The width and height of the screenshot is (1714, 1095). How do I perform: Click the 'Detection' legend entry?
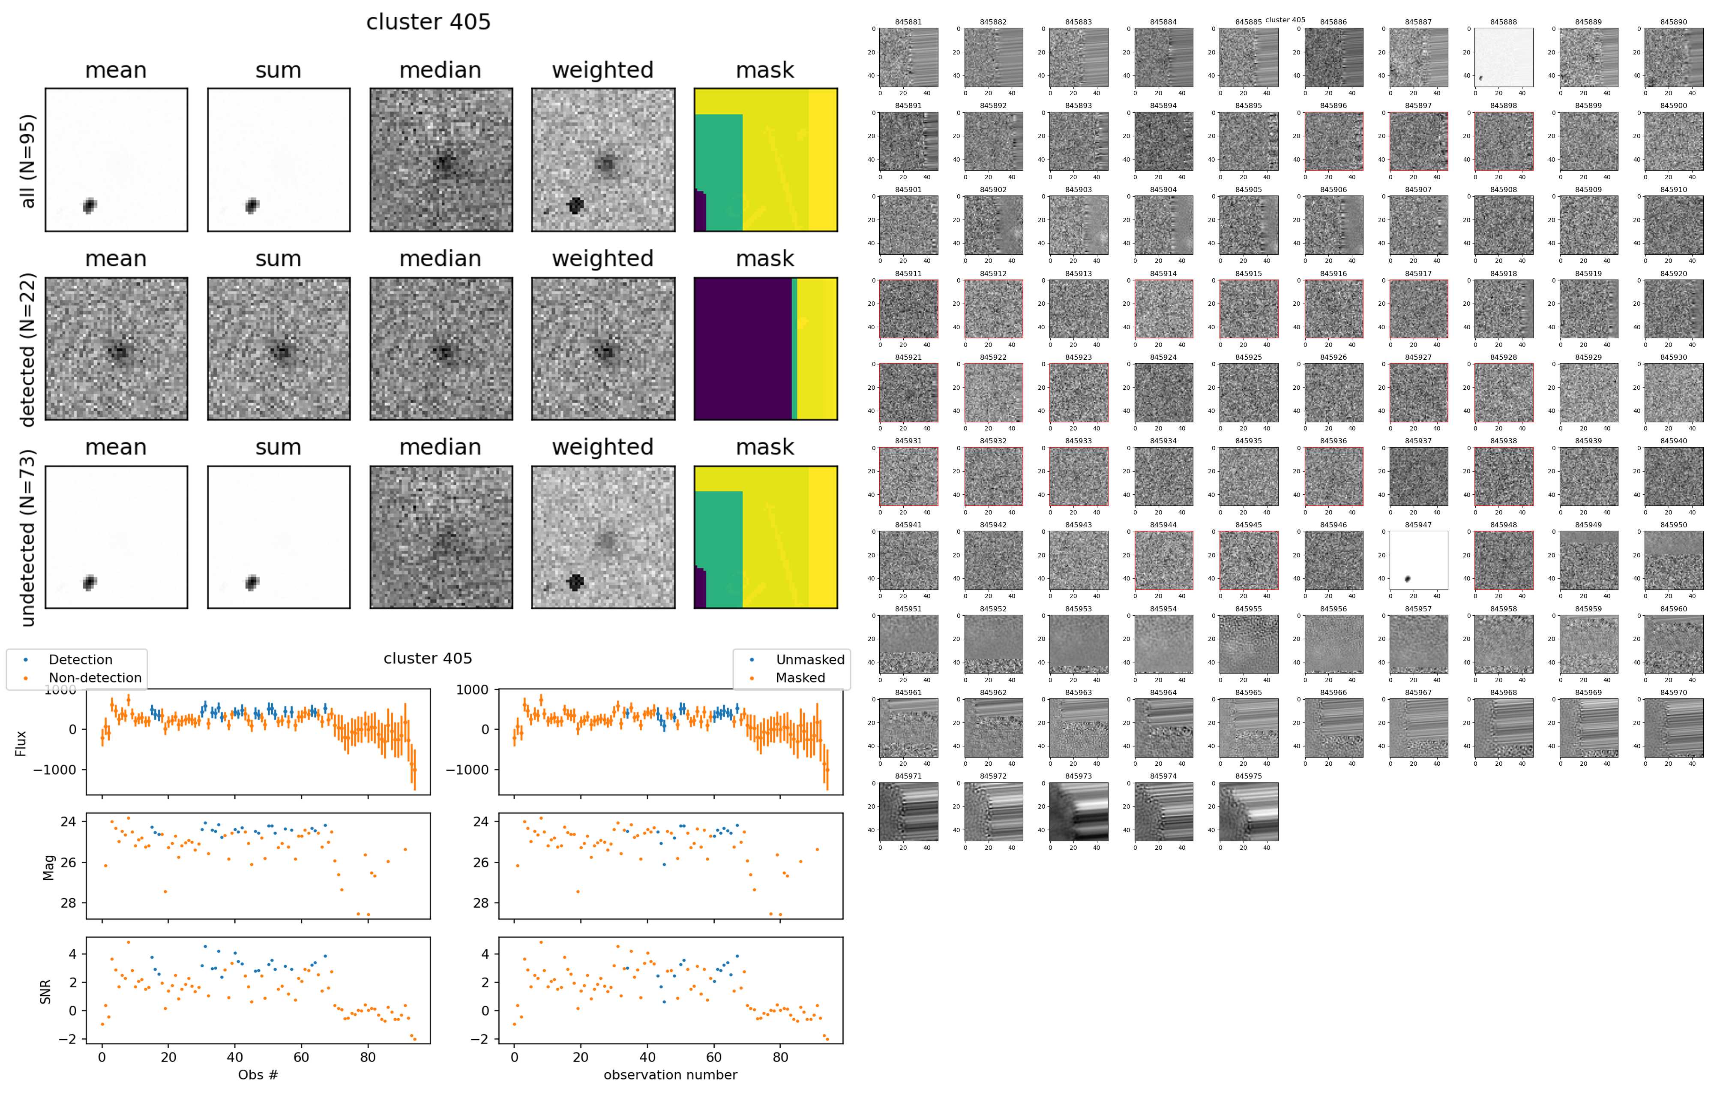point(81,659)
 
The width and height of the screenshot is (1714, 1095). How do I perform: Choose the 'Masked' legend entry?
point(800,678)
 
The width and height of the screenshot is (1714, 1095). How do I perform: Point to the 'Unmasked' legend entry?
point(809,659)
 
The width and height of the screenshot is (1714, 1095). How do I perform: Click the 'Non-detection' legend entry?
point(95,678)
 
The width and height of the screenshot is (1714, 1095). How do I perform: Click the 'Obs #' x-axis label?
point(258,1074)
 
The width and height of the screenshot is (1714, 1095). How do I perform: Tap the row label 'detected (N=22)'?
point(27,349)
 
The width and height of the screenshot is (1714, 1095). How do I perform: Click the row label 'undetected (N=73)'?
point(27,538)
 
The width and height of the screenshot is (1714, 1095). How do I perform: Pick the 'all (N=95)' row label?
point(27,161)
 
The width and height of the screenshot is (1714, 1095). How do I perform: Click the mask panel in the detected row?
point(765,349)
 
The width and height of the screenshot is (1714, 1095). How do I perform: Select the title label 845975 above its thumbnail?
point(1249,776)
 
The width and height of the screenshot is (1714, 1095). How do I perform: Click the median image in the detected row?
point(440,349)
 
